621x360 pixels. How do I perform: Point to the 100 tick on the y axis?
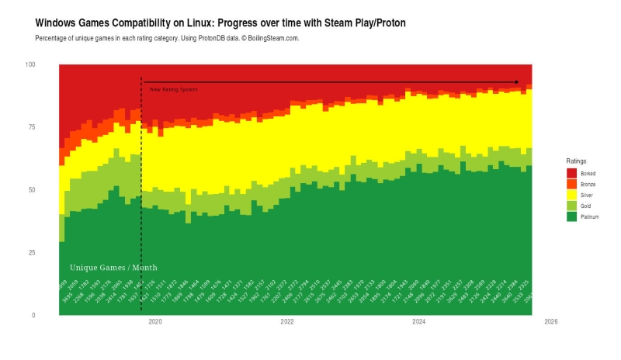30,64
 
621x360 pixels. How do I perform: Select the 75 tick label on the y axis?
32,127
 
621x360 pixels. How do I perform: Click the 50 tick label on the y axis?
32,190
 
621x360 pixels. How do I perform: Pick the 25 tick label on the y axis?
32,253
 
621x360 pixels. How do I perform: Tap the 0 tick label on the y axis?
33,316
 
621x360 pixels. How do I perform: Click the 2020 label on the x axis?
155,321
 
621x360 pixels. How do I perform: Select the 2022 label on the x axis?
287,321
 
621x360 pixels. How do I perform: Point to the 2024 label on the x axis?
418,321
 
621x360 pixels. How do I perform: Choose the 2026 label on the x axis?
550,321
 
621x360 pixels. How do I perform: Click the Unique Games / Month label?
113,268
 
